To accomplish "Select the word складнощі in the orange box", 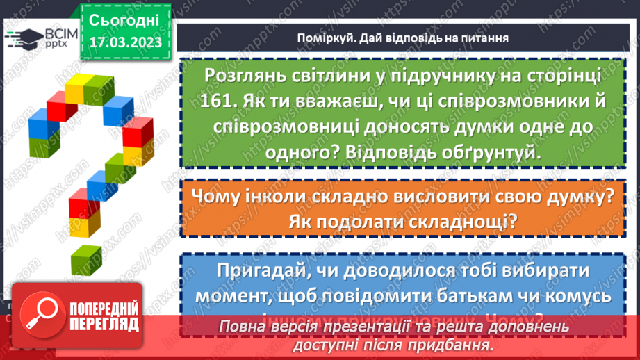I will [468, 222].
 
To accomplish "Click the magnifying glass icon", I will [38, 314].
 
